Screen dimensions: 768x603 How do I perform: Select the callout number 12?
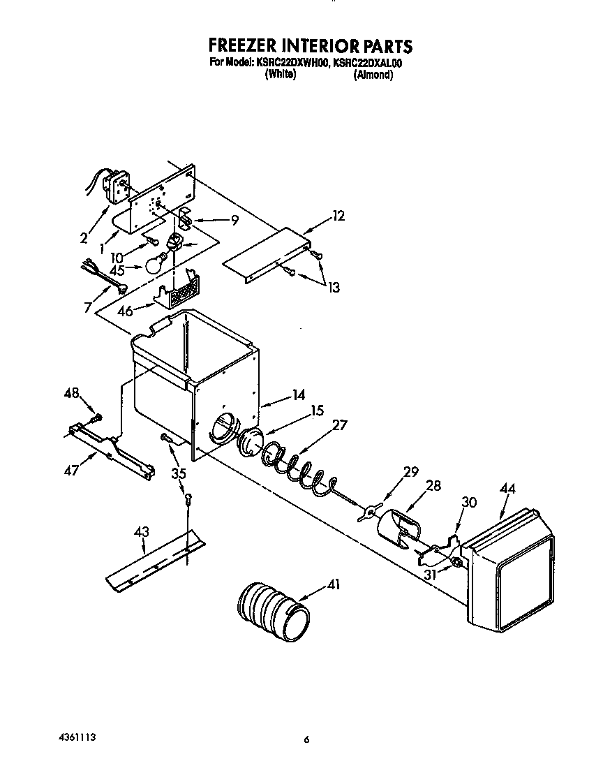pos(338,216)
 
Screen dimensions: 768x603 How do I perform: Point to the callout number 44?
pos(507,490)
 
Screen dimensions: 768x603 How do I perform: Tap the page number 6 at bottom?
pos(306,740)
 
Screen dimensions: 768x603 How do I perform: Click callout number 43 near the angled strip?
pos(142,533)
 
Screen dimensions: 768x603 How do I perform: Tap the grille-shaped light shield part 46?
pos(180,290)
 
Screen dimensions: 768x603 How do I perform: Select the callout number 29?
pos(410,472)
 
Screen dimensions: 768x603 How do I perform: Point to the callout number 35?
pos(179,473)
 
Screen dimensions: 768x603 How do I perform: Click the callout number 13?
pos(332,287)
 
